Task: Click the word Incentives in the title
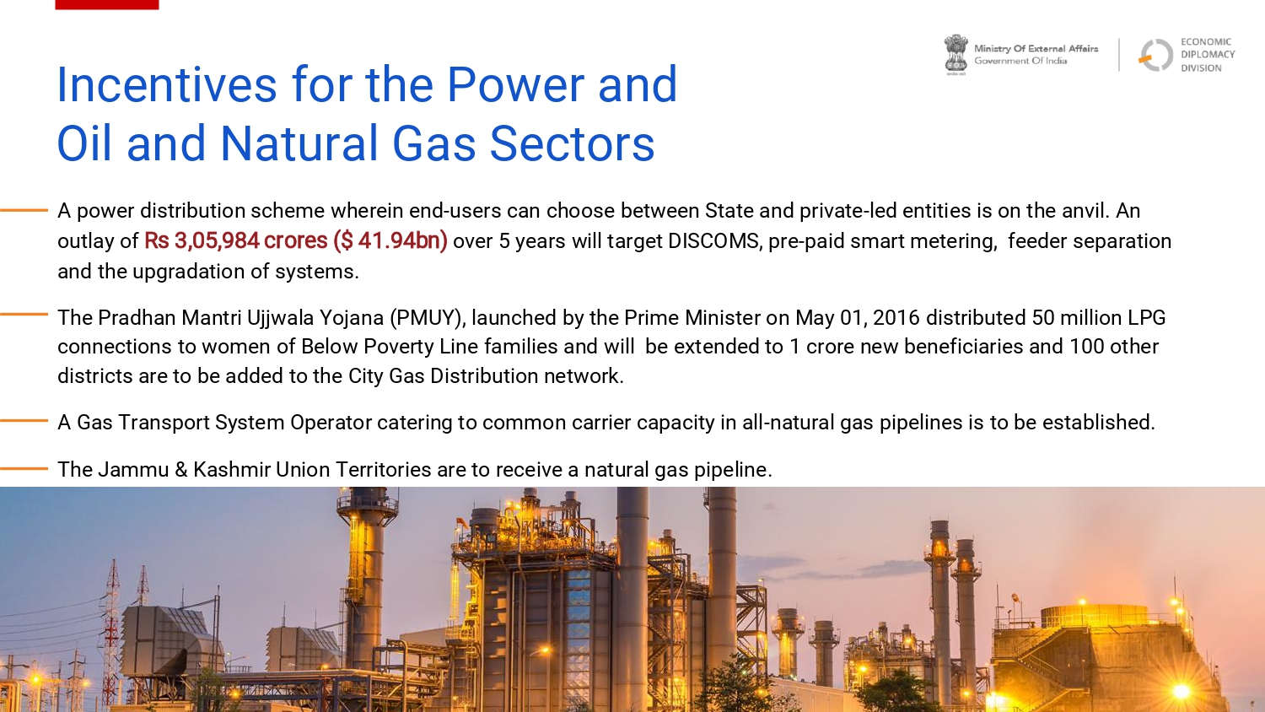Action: (167, 84)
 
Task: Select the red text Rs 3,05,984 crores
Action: (236, 241)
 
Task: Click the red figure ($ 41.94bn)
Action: (390, 241)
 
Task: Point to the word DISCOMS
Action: (715, 241)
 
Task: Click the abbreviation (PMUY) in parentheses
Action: (428, 318)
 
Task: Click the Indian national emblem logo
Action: (956, 55)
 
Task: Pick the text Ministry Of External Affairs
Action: (1036, 49)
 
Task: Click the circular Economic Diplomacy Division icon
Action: (1155, 55)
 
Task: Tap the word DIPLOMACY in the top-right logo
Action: (1208, 55)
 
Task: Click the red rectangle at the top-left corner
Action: (107, 4)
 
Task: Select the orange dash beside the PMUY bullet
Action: (24, 314)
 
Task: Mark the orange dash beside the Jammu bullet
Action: (24, 468)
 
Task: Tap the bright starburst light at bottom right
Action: (1182, 691)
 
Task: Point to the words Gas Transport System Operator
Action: (224, 423)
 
